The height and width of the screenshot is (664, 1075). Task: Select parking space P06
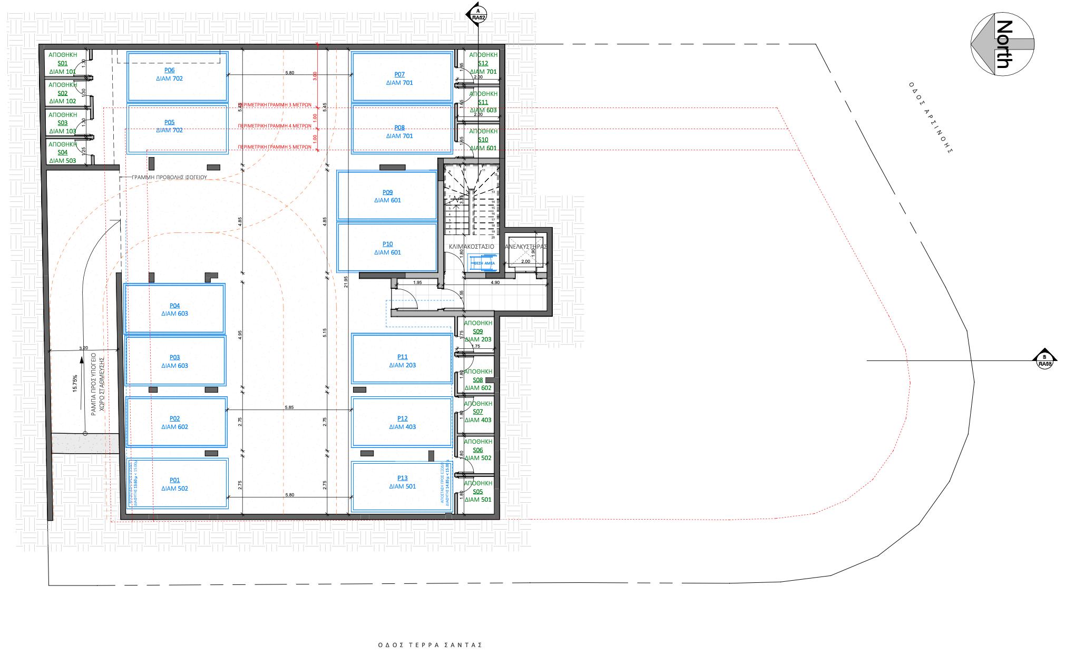click(x=178, y=77)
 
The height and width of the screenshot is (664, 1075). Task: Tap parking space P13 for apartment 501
click(x=402, y=486)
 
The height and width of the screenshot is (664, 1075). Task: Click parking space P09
click(x=387, y=196)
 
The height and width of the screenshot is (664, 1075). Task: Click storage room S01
click(x=63, y=63)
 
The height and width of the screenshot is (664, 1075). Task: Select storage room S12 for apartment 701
click(x=483, y=63)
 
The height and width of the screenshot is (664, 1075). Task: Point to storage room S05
click(x=477, y=492)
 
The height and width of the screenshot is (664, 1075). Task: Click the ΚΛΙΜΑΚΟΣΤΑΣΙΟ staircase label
click(x=471, y=247)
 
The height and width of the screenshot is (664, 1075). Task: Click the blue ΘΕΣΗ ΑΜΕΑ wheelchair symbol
click(x=483, y=263)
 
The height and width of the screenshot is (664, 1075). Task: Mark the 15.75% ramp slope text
click(x=75, y=383)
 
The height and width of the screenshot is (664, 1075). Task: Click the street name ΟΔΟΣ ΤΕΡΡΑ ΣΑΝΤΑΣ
click(x=430, y=645)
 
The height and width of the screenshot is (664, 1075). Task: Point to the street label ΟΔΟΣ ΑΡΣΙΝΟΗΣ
click(x=931, y=117)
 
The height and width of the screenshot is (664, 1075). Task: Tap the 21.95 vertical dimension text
click(x=346, y=282)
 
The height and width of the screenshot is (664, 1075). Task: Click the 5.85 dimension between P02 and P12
click(x=289, y=407)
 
